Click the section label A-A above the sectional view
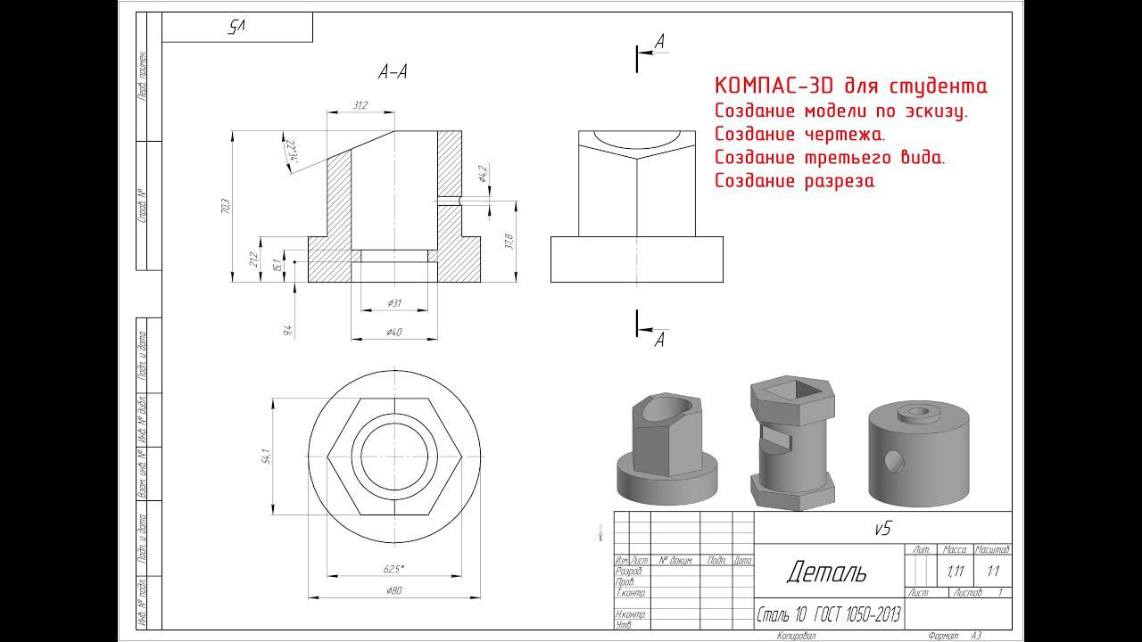tap(393, 73)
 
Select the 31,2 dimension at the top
tap(360, 105)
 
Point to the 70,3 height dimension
tap(226, 206)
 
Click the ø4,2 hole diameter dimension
tap(482, 173)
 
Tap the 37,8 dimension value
tap(509, 242)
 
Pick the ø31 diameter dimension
tap(394, 304)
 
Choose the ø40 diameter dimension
tap(393, 332)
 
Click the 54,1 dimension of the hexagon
tap(266, 456)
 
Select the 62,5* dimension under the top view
tap(393, 568)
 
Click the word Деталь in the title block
tap(826, 572)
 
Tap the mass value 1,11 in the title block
tap(955, 571)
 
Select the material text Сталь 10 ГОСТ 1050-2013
tap(829, 614)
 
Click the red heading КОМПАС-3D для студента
tap(850, 86)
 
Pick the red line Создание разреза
tap(794, 181)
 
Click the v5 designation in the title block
tap(881, 528)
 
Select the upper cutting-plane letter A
tap(659, 41)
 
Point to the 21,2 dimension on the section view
tap(253, 260)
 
